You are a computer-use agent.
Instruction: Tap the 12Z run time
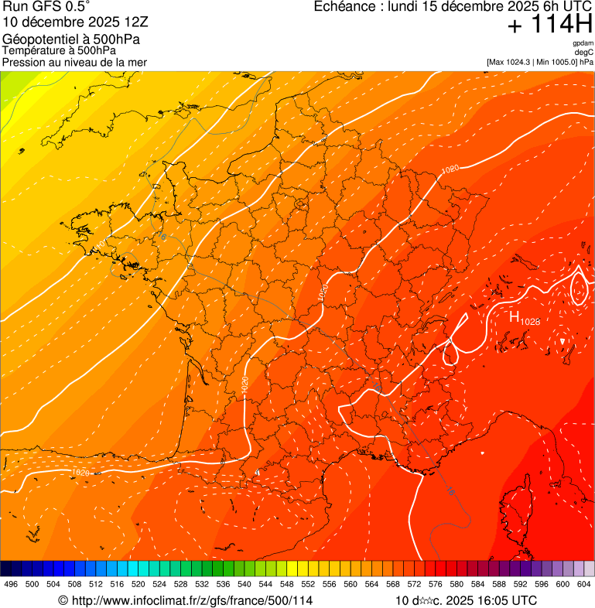point(136,22)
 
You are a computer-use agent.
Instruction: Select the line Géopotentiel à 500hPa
point(76,39)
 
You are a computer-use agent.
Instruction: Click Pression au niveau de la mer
point(74,62)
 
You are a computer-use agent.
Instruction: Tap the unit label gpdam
point(583,43)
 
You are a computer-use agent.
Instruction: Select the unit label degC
point(584,52)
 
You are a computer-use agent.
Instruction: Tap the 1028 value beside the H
point(530,321)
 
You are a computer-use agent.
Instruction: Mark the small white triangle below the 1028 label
point(563,341)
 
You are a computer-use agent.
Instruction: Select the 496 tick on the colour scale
point(11,584)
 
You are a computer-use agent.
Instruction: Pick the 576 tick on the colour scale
point(436,584)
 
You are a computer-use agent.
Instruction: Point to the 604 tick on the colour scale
point(584,584)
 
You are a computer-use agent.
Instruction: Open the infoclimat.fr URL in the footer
point(191,601)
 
